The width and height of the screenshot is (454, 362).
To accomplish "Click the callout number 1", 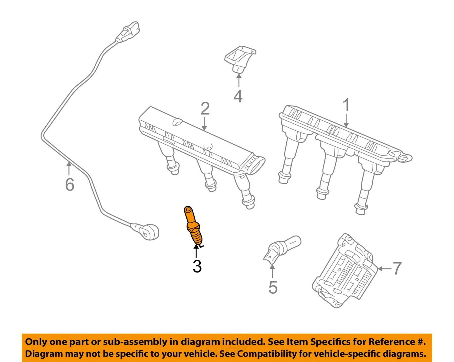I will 346,106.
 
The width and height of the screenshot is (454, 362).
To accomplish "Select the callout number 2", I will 205,109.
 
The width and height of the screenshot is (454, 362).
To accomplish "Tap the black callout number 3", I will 197,266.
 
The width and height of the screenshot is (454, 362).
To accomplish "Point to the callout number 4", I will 238,96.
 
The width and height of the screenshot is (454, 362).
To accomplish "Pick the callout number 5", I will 273,287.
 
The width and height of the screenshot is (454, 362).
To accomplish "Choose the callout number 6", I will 70,184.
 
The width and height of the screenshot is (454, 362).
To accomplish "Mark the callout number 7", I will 397,268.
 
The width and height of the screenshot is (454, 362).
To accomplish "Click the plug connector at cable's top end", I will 128,32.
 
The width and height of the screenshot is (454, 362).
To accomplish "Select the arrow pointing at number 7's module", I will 384,268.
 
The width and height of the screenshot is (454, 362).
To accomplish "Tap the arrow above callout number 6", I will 69,168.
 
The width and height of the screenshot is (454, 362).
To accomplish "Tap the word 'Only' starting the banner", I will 36,342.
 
